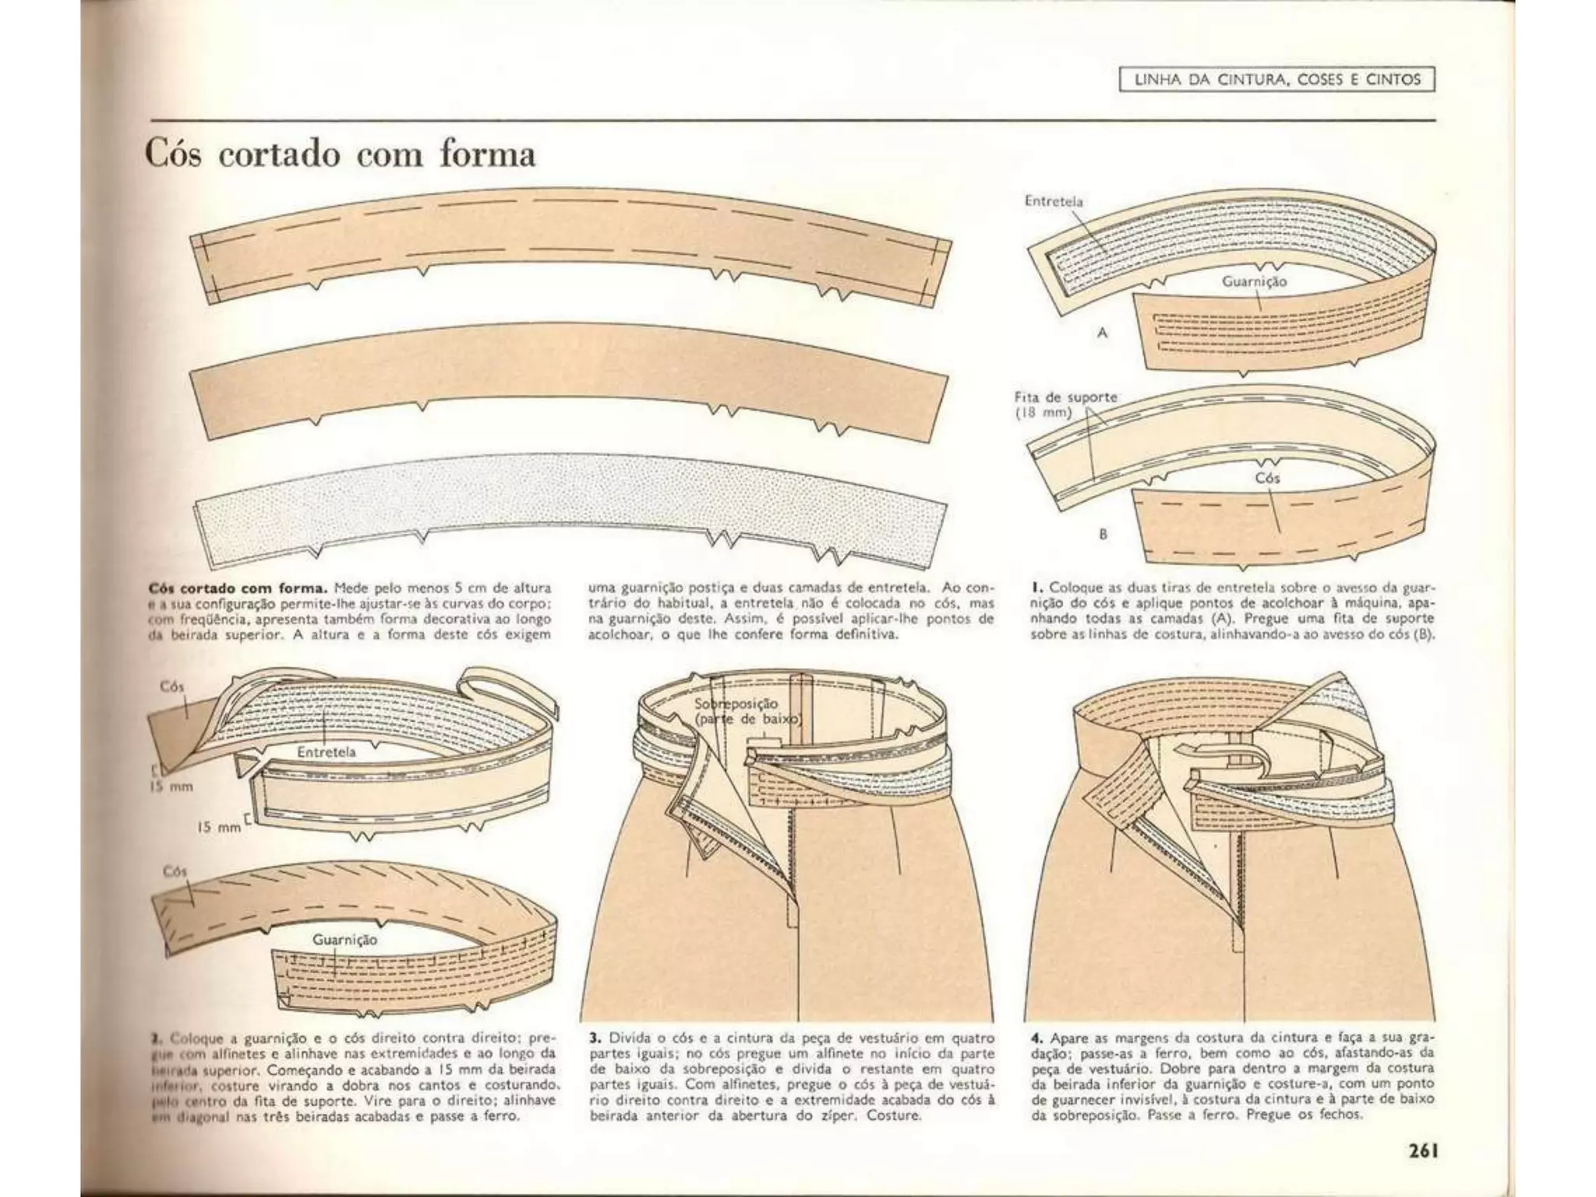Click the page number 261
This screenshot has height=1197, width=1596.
pyautogui.click(x=1421, y=1150)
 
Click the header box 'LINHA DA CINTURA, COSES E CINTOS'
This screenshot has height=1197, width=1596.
pyautogui.click(x=1276, y=79)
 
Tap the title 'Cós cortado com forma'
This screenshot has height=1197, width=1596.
pyautogui.click(x=341, y=154)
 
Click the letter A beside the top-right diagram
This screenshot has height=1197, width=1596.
pyautogui.click(x=1103, y=333)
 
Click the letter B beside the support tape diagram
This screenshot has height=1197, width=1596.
pyautogui.click(x=1103, y=535)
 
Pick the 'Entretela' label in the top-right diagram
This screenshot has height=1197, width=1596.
pyautogui.click(x=1054, y=200)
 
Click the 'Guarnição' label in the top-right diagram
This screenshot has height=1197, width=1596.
pyautogui.click(x=1254, y=282)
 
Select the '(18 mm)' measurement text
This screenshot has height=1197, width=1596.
pyautogui.click(x=1043, y=413)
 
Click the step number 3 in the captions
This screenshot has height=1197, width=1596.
pyautogui.click(x=595, y=1038)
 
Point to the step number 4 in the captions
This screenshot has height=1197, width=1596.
pyautogui.click(x=1036, y=1038)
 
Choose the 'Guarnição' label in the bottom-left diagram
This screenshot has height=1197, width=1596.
pyautogui.click(x=344, y=940)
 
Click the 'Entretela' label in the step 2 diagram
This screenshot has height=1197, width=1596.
pyautogui.click(x=326, y=752)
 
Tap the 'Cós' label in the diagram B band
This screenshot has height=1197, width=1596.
pyautogui.click(x=1267, y=478)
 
